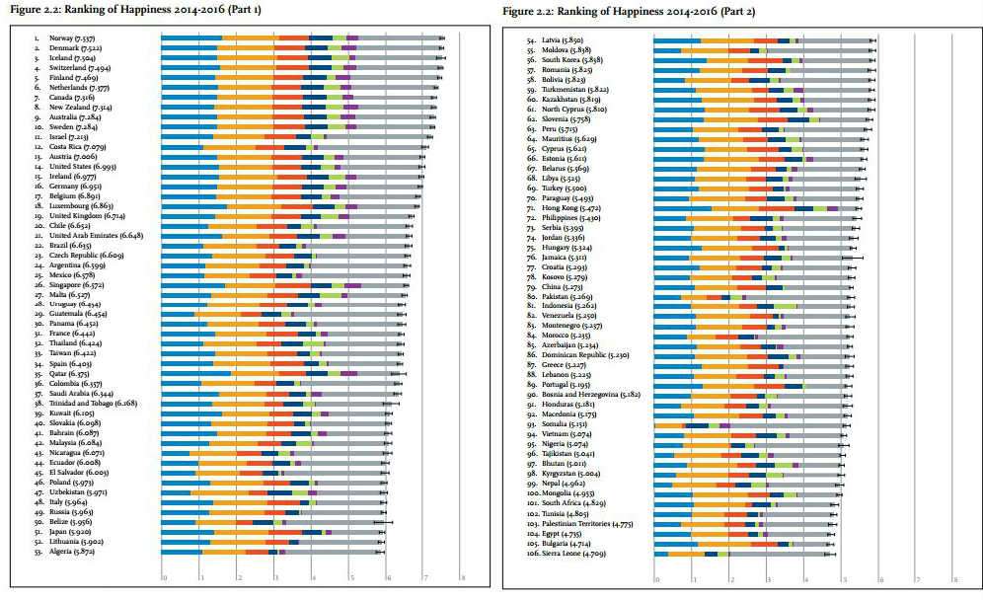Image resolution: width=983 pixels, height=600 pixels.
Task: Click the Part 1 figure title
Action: [x=136, y=9]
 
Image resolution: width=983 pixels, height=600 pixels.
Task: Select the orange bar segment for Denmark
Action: [x=248, y=47]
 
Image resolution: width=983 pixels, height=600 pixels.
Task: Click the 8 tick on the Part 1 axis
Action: [x=463, y=578]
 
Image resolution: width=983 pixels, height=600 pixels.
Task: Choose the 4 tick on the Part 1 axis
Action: [x=313, y=578]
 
